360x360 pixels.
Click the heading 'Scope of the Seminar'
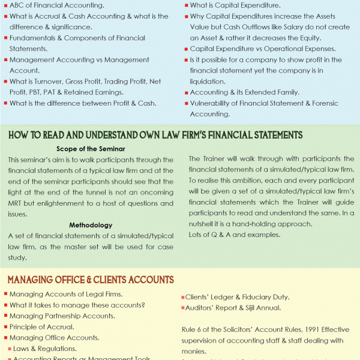coord(90,148)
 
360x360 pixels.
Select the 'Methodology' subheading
coord(90,225)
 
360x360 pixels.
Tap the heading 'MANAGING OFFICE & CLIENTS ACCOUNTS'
coord(91,280)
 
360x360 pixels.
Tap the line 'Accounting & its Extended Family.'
coord(244,92)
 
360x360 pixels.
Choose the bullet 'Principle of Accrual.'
coord(42,326)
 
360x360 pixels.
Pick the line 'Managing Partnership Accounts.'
coord(62,316)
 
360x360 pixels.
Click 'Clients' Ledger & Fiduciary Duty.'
coord(238,297)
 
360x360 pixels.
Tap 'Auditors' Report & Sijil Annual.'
coord(234,308)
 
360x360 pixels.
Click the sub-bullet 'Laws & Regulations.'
coord(45,348)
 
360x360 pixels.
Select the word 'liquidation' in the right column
coord(208,82)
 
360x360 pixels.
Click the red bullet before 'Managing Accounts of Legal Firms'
coord(5,294)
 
